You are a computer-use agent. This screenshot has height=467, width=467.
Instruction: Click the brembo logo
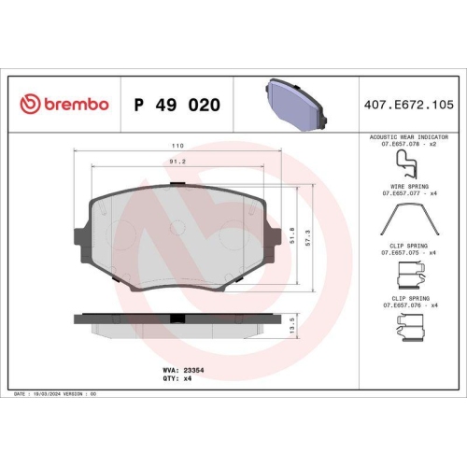64,105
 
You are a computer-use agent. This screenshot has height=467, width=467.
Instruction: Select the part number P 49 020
177,105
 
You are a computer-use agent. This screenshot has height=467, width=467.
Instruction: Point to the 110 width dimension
177,147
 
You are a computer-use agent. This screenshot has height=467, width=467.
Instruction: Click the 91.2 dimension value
177,161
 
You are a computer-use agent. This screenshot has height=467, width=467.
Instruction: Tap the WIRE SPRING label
405,187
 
